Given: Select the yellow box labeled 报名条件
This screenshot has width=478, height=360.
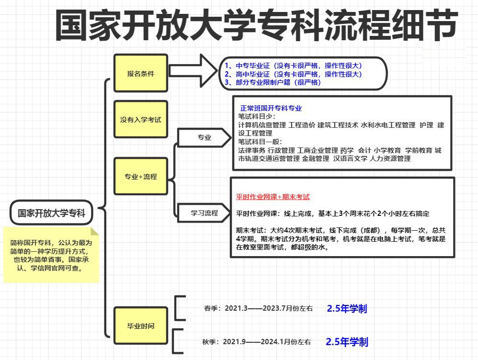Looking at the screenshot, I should point(141,74).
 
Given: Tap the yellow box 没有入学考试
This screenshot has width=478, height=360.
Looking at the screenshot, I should point(141,119).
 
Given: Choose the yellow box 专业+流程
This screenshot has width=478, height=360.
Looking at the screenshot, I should point(141,177).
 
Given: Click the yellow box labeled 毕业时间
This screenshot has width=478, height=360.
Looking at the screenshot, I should point(141,326).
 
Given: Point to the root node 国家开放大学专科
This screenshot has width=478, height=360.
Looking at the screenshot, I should point(52,213).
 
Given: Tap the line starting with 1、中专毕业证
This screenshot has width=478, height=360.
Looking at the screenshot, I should point(293,66).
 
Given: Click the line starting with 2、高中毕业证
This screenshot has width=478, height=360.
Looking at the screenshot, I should point(293,74).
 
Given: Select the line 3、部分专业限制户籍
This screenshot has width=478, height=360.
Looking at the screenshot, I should point(273,82).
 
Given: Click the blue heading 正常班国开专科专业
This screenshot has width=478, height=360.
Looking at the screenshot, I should point(271,109).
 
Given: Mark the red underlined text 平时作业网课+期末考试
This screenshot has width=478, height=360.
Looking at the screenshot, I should point(273,197).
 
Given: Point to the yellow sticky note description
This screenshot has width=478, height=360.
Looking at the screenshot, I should point(51,255).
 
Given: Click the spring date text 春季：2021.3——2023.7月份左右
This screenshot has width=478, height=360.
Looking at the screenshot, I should point(258,309).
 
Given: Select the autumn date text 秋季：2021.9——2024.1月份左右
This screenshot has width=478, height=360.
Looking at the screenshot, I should point(257,342).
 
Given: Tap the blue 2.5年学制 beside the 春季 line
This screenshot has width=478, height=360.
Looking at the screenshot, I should point(347,309).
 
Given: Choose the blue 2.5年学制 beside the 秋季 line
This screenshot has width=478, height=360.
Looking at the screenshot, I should point(347,342).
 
